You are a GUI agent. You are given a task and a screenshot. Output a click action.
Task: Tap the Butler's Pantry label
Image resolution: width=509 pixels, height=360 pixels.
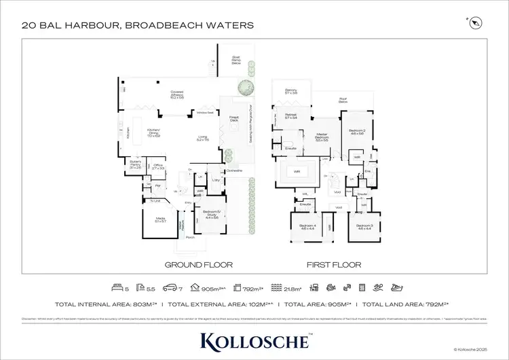[x=135, y=165]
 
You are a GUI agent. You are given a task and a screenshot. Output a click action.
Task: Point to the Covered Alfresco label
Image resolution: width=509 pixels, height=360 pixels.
[x=178, y=96]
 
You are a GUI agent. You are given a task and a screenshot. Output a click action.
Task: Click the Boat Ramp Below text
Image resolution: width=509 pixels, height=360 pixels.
[x=236, y=60]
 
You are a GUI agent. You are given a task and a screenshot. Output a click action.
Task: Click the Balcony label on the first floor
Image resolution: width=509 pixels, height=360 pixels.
[x=292, y=90]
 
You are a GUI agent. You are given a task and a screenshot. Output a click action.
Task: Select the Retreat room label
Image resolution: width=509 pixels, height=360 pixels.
[x=292, y=116]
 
